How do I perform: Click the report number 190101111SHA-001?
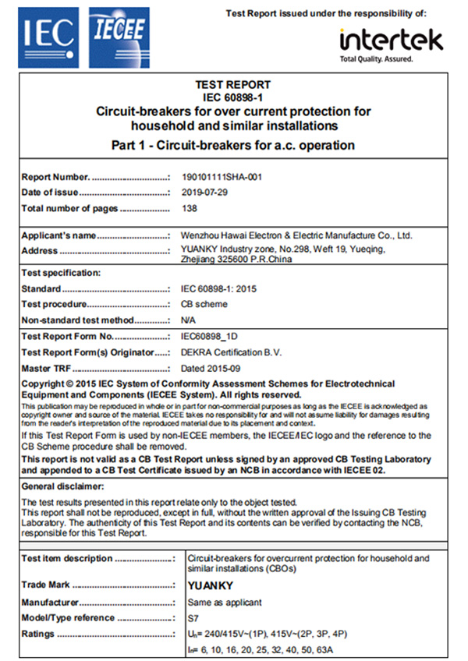(222, 177)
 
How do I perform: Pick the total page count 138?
(190, 208)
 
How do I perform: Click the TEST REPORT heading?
(234, 85)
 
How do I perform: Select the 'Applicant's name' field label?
(58, 235)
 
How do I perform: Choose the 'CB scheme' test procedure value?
(204, 304)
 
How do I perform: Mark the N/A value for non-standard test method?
(188, 320)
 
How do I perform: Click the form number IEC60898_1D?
(209, 337)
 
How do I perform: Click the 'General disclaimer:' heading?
(60, 486)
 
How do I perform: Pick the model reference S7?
(193, 617)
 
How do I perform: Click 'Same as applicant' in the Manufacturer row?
(225, 602)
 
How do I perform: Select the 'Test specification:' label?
(61, 273)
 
